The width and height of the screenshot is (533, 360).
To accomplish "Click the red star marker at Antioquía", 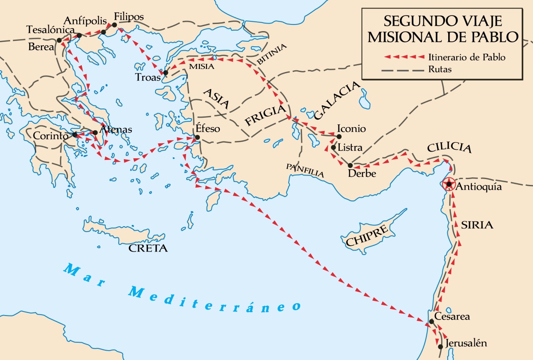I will (x=449, y=184).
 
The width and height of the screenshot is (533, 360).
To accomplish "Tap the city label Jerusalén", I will (x=466, y=343).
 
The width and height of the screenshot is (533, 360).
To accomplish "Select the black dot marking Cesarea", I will (x=431, y=321).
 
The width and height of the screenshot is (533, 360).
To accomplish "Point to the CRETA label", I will (x=148, y=248).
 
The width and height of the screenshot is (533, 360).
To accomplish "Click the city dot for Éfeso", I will (x=198, y=137).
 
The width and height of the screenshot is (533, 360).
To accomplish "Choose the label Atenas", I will (x=116, y=130).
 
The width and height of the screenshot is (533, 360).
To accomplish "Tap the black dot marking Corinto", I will (x=75, y=134).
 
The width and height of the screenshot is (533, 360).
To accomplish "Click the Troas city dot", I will (x=165, y=72).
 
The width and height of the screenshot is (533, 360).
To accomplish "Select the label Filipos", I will (x=129, y=16).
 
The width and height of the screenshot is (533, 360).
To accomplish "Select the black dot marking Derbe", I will (x=350, y=165).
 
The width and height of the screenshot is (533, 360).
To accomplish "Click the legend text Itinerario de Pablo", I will (x=467, y=57).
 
